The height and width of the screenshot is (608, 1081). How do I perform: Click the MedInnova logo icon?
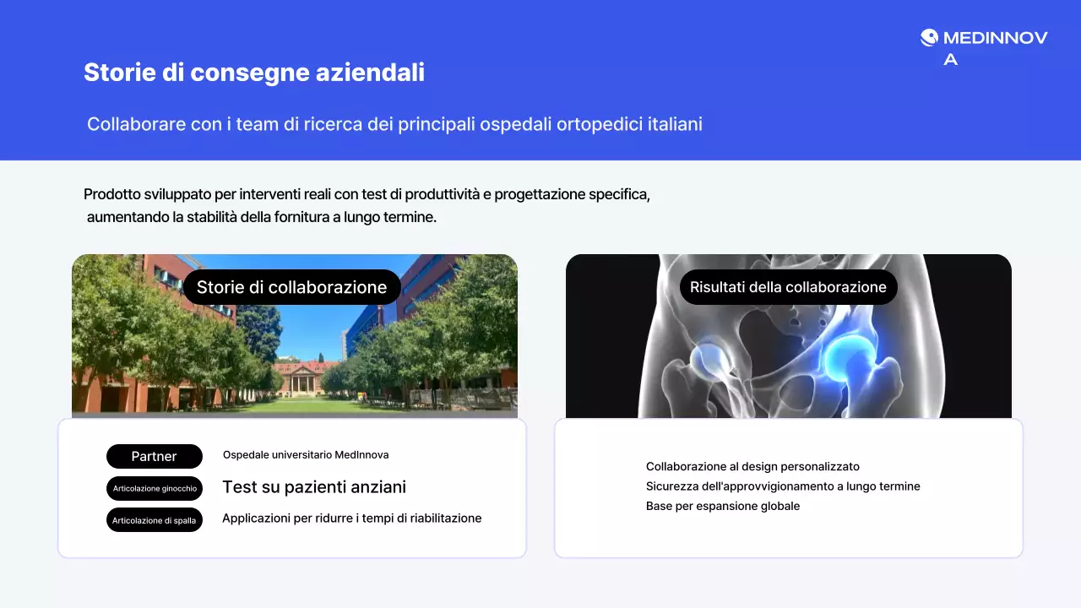click(x=929, y=37)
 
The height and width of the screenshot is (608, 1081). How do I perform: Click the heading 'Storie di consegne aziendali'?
click(x=253, y=73)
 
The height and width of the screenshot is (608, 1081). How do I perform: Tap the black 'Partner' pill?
click(x=155, y=456)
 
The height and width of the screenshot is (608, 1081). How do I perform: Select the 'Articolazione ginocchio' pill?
click(x=155, y=488)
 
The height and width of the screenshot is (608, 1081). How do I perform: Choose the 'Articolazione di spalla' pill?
click(x=155, y=520)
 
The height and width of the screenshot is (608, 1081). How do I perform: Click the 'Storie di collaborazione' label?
click(x=291, y=287)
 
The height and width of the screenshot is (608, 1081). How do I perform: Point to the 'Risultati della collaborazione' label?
click(x=788, y=287)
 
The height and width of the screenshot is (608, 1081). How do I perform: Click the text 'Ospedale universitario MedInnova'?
click(x=306, y=454)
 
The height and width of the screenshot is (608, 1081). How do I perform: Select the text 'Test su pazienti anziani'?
click(x=314, y=487)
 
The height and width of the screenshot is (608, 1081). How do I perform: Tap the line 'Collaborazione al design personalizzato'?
click(x=752, y=466)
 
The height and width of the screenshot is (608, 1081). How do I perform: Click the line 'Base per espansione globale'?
click(x=722, y=506)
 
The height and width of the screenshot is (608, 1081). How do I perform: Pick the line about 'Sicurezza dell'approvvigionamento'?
click(x=783, y=486)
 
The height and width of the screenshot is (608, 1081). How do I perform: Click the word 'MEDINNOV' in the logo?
click(x=995, y=37)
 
